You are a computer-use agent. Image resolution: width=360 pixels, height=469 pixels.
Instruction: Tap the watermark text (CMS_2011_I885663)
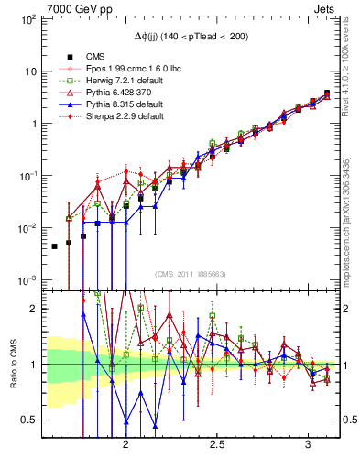191,273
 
